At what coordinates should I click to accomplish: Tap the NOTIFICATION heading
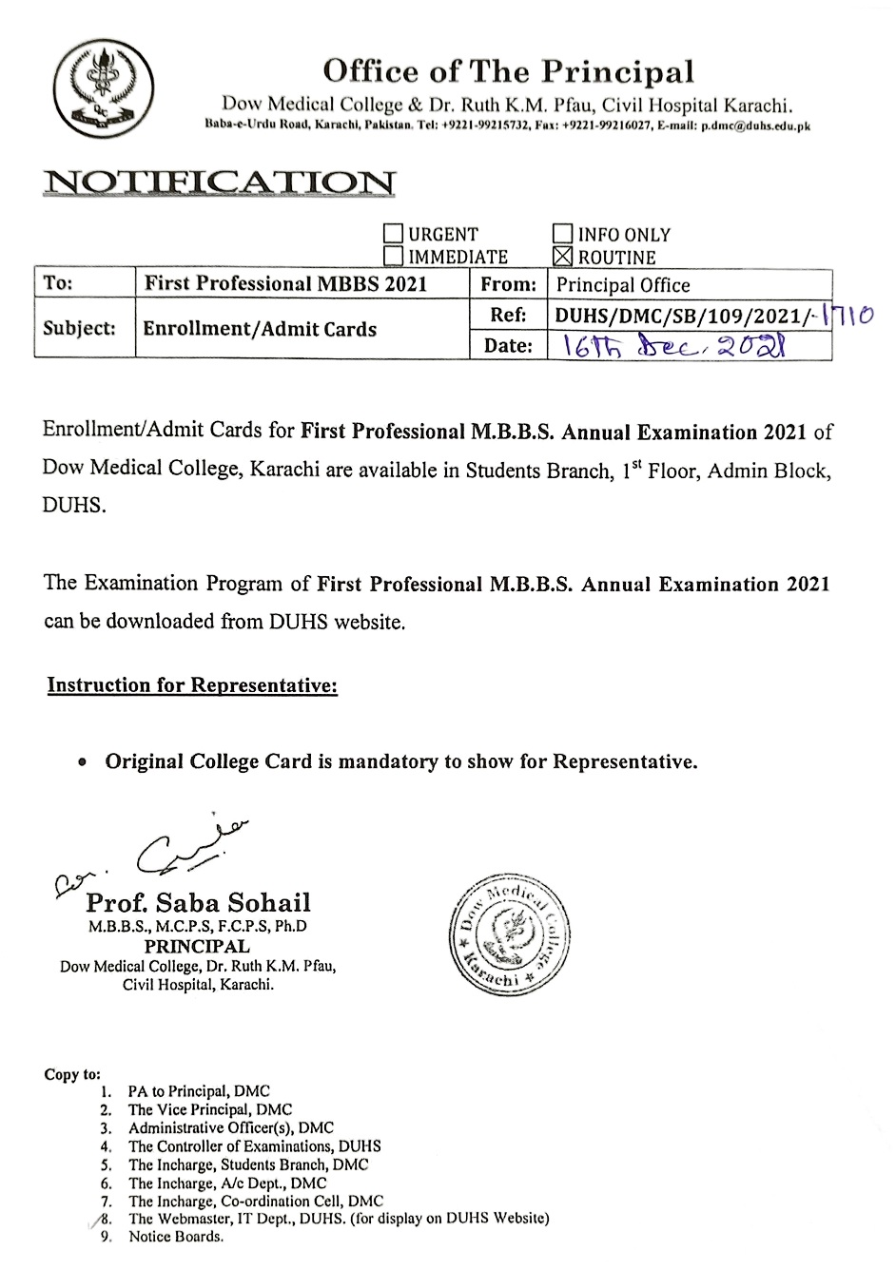click(219, 183)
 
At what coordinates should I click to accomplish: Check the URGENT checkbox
click(393, 234)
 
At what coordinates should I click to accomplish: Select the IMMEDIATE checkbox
click(393, 256)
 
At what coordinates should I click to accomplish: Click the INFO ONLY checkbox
click(563, 234)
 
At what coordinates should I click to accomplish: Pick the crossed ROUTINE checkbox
click(563, 257)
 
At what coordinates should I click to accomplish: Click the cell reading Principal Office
click(623, 284)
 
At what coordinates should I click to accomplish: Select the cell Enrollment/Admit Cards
click(260, 329)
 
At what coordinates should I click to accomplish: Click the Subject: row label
click(79, 329)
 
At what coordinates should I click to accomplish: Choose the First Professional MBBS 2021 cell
click(285, 283)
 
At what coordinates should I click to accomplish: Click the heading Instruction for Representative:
click(192, 685)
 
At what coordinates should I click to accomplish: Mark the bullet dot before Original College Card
click(84, 762)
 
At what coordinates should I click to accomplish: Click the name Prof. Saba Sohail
click(198, 902)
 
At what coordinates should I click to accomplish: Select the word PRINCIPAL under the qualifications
click(197, 947)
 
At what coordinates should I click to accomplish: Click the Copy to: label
click(72, 1074)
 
